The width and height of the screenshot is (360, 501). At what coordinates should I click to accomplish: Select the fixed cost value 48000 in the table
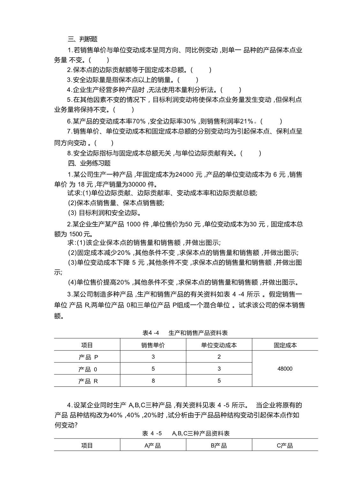(x=285, y=369)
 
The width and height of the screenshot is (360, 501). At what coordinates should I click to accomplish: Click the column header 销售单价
(x=153, y=345)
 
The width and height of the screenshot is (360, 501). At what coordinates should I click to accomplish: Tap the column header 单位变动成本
(x=219, y=345)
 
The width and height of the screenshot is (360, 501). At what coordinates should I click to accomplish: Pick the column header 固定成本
(x=285, y=345)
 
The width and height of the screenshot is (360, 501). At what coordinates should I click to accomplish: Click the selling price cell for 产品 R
(x=153, y=381)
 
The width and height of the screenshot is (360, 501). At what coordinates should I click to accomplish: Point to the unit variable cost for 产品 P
(x=219, y=357)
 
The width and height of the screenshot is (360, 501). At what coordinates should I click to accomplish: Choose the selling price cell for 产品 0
(x=153, y=369)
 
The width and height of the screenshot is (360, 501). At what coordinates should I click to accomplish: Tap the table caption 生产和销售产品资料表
(x=198, y=333)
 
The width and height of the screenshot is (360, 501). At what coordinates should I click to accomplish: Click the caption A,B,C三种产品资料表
(x=201, y=433)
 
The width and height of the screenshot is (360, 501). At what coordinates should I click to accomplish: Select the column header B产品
(x=219, y=445)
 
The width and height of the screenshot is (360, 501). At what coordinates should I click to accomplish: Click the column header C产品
(x=285, y=445)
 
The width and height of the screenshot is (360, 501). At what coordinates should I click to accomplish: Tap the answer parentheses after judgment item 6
(x=271, y=121)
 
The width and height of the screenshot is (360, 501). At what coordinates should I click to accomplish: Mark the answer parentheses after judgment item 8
(x=251, y=153)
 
